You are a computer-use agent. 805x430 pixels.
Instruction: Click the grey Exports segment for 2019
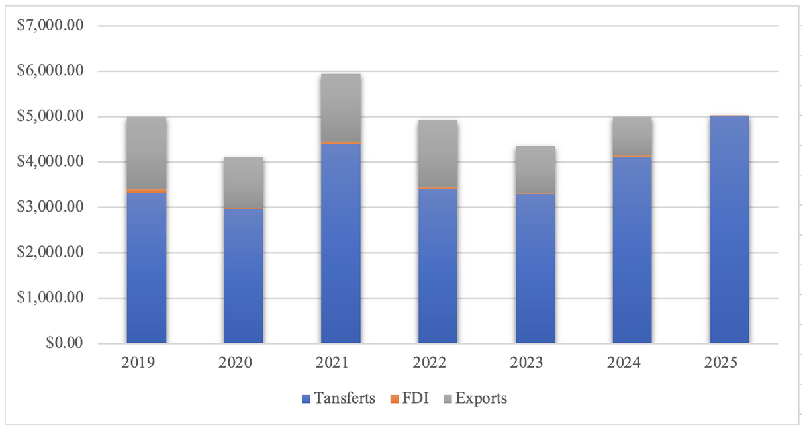[x=146, y=153]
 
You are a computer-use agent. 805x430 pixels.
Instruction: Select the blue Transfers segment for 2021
[x=341, y=243]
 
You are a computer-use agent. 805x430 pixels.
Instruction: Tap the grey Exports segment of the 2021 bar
[x=341, y=107]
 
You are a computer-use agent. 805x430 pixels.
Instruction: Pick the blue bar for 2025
[x=730, y=230]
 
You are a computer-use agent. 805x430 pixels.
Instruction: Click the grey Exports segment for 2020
[x=244, y=182]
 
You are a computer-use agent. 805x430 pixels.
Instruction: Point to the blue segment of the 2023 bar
[x=535, y=269]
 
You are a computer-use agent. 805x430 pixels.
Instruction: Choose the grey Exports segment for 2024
[x=632, y=136]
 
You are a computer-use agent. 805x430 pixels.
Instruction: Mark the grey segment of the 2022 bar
[x=438, y=153]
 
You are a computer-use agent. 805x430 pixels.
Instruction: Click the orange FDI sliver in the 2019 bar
[x=146, y=191]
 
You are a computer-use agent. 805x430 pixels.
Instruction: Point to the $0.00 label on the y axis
[x=65, y=343]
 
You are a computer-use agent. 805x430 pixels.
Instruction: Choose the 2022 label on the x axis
[x=438, y=363]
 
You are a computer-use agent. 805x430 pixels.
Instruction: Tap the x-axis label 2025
[x=730, y=363]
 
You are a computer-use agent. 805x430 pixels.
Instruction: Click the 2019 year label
[x=146, y=363]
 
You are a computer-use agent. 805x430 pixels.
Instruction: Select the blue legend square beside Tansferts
[x=306, y=399]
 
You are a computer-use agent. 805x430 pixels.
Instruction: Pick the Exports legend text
[x=481, y=398]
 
